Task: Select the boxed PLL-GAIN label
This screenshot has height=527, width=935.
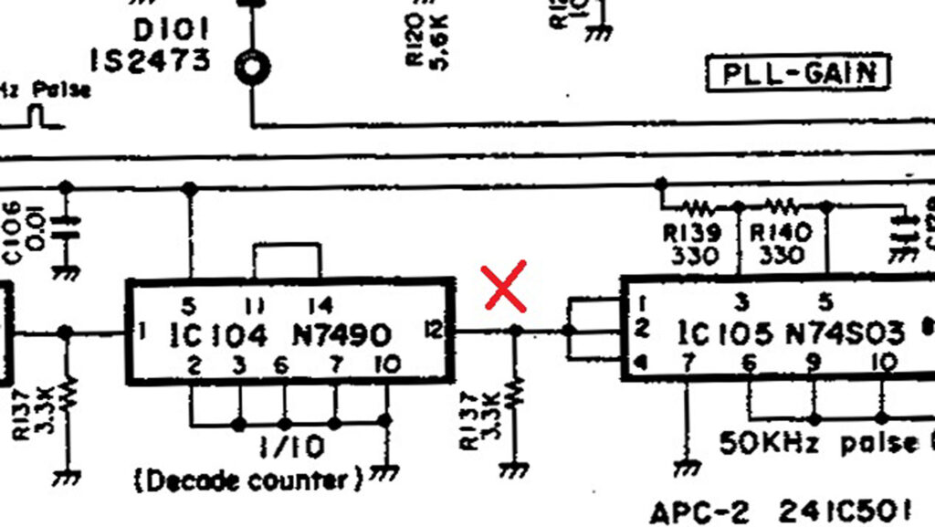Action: coord(798,73)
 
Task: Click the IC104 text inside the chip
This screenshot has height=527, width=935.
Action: coord(219,334)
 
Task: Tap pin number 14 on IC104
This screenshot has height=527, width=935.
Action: coord(320,304)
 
